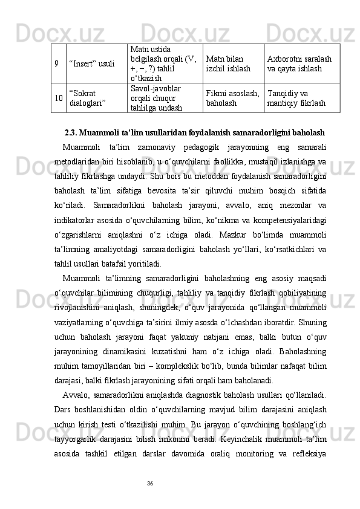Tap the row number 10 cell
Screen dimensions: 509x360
[56, 98]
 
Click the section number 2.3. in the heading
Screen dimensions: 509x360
[72, 132]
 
